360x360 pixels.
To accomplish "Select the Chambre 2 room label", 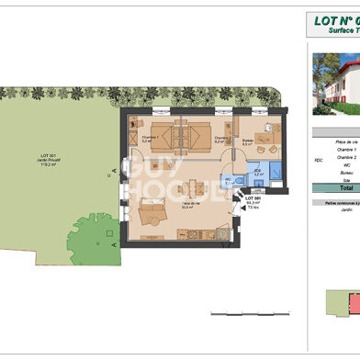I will [x=221, y=141].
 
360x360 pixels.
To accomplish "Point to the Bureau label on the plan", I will [x=248, y=142].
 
